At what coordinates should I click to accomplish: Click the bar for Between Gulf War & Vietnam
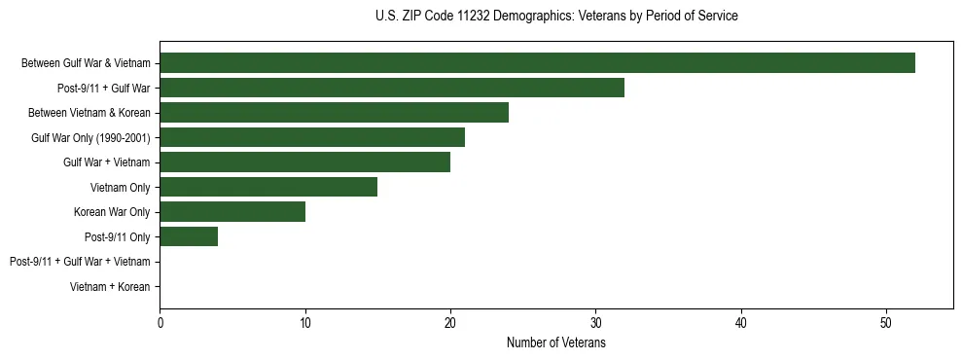[x=537, y=63]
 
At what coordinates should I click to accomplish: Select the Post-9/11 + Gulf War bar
[x=392, y=88]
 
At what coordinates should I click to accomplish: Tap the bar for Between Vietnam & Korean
[x=334, y=113]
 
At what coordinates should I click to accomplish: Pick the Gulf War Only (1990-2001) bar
[x=312, y=137]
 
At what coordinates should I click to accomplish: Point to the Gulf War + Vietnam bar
[x=304, y=162]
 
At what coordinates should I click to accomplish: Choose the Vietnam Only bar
[x=268, y=187]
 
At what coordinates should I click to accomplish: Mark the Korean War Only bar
[x=232, y=211]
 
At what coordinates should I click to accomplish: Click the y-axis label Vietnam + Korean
[x=110, y=287]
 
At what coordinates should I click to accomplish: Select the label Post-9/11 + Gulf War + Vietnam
[x=80, y=262]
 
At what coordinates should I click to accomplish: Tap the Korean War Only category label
[x=112, y=212]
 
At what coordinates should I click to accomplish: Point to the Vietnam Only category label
[x=120, y=187]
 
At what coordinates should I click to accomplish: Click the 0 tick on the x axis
[x=160, y=324]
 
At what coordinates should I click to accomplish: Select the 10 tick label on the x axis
[x=305, y=324]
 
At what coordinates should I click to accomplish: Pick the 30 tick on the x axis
[x=596, y=324]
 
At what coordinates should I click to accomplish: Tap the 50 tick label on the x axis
[x=886, y=324]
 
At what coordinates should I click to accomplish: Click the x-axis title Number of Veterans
[x=556, y=342]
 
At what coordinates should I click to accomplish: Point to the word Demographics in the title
[x=530, y=17]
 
